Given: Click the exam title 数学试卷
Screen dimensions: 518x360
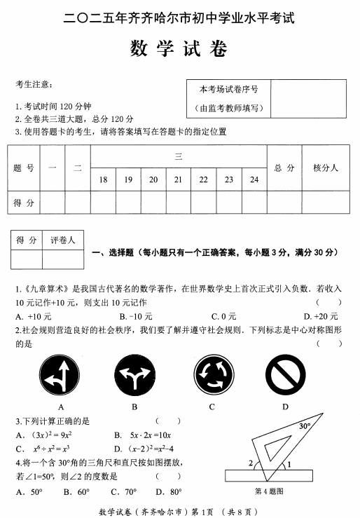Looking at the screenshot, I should [x=179, y=50].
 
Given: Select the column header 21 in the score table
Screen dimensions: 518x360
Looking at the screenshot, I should [x=179, y=180].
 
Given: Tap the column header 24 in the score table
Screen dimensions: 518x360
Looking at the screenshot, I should [x=254, y=180].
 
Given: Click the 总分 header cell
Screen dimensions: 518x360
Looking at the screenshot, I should [x=284, y=168].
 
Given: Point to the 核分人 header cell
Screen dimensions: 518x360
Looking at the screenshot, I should [x=325, y=168].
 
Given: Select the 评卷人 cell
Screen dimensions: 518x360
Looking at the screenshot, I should [x=63, y=240].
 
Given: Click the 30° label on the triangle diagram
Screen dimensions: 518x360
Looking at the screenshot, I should [x=304, y=425].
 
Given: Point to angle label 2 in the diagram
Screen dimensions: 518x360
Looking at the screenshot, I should [x=250, y=463].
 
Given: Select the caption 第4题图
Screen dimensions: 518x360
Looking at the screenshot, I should [x=270, y=491].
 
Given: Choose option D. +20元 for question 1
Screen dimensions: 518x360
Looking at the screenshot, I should [x=316, y=315].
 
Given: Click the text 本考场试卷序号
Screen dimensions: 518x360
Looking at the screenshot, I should [x=228, y=90].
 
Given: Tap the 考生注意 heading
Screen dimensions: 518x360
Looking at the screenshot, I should [x=34, y=84].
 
